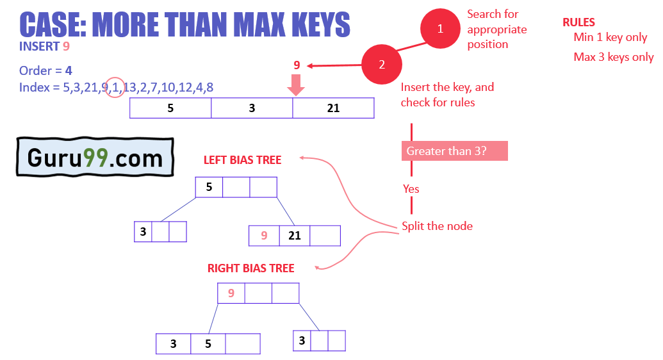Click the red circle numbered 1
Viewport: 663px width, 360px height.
pos(440,29)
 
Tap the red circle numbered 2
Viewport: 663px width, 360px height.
pos(382,65)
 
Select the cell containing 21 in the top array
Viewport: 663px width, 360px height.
pos(333,108)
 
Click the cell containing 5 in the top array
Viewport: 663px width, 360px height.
pos(170,108)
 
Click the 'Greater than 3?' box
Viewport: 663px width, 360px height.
pos(454,151)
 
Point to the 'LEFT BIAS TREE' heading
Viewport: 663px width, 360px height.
pos(242,160)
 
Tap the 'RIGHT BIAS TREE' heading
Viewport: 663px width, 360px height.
pos(250,268)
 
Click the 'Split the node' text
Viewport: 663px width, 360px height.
pos(437,226)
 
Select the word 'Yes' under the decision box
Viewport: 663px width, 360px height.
pos(411,189)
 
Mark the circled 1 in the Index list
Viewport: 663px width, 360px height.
pos(115,88)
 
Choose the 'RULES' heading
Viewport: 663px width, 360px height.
pos(578,22)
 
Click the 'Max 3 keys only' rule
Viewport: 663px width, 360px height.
pos(613,58)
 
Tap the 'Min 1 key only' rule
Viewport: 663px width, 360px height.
pos(610,38)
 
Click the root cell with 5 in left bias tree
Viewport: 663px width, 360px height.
pos(209,187)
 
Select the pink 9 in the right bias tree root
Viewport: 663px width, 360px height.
pos(231,293)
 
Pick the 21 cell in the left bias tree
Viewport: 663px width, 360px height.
pos(295,236)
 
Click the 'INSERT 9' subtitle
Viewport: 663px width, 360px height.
pos(44,46)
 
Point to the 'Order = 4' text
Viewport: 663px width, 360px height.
pos(45,70)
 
